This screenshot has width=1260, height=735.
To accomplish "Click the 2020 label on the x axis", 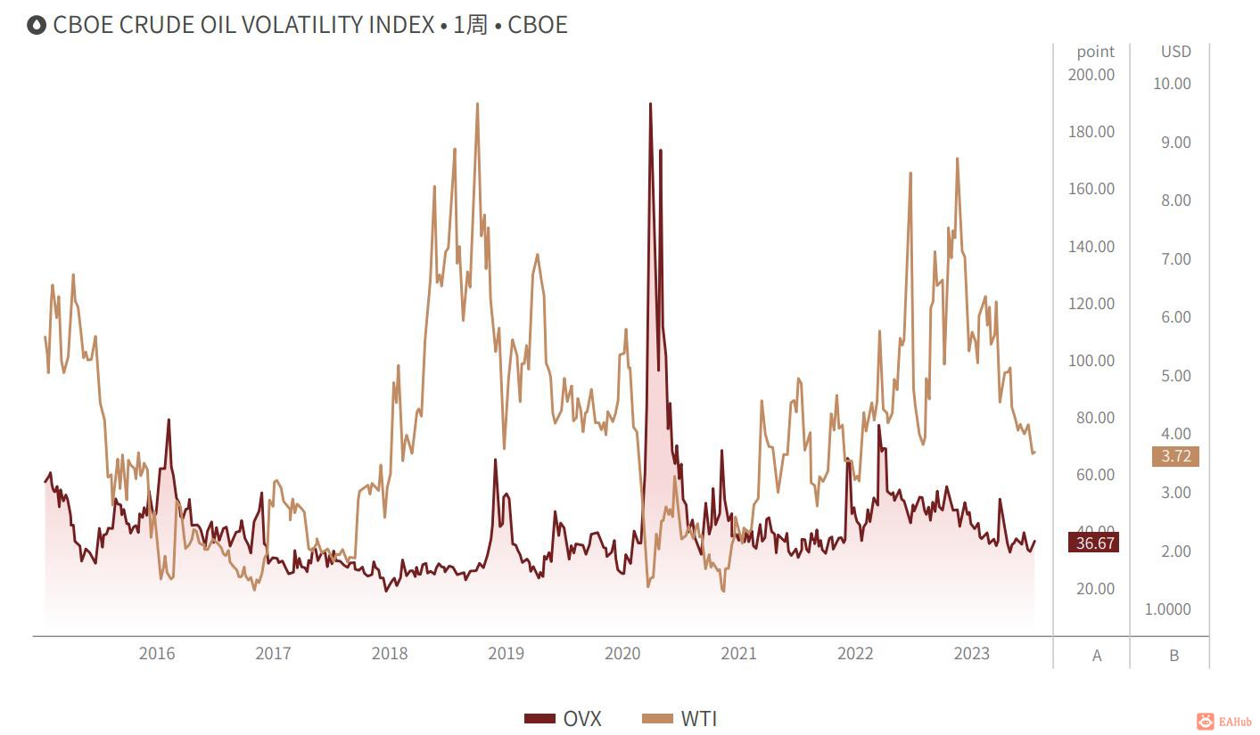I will pyautogui.click(x=622, y=653).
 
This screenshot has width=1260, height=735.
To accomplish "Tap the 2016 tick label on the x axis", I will pyautogui.click(x=157, y=653).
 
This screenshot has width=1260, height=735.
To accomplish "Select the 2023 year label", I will pyautogui.click(x=971, y=653).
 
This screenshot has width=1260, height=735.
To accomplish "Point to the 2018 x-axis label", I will pyautogui.click(x=390, y=653).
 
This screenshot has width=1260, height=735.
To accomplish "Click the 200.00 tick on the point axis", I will pyautogui.click(x=1091, y=74).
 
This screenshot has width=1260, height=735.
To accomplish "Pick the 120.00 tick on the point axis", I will pyautogui.click(x=1091, y=303).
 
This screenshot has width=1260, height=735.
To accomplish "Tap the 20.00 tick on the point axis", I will pyautogui.click(x=1095, y=588).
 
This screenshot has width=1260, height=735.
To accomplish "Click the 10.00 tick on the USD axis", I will pyautogui.click(x=1172, y=84).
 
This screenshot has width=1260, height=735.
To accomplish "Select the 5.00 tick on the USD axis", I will pyautogui.click(x=1175, y=375).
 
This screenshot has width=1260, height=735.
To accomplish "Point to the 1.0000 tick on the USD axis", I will pyautogui.click(x=1168, y=609).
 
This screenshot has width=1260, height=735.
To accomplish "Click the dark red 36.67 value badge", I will pyautogui.click(x=1093, y=543).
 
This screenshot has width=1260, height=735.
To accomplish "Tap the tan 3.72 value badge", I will pyautogui.click(x=1175, y=456).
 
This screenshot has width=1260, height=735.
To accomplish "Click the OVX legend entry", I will pyautogui.click(x=564, y=719).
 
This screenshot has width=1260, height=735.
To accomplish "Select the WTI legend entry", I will pyautogui.click(x=680, y=719).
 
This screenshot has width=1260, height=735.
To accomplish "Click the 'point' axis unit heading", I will pyautogui.click(x=1095, y=52).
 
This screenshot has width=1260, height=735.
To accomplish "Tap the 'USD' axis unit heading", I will pyautogui.click(x=1175, y=52).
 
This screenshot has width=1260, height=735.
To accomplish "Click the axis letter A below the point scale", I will pyautogui.click(x=1097, y=655).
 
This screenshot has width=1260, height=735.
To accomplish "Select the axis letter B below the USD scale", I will pyautogui.click(x=1174, y=655).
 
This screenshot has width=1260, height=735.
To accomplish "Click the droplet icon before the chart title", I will pyautogui.click(x=37, y=25).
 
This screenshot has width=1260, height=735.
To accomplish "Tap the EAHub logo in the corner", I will pyautogui.click(x=1226, y=721).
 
